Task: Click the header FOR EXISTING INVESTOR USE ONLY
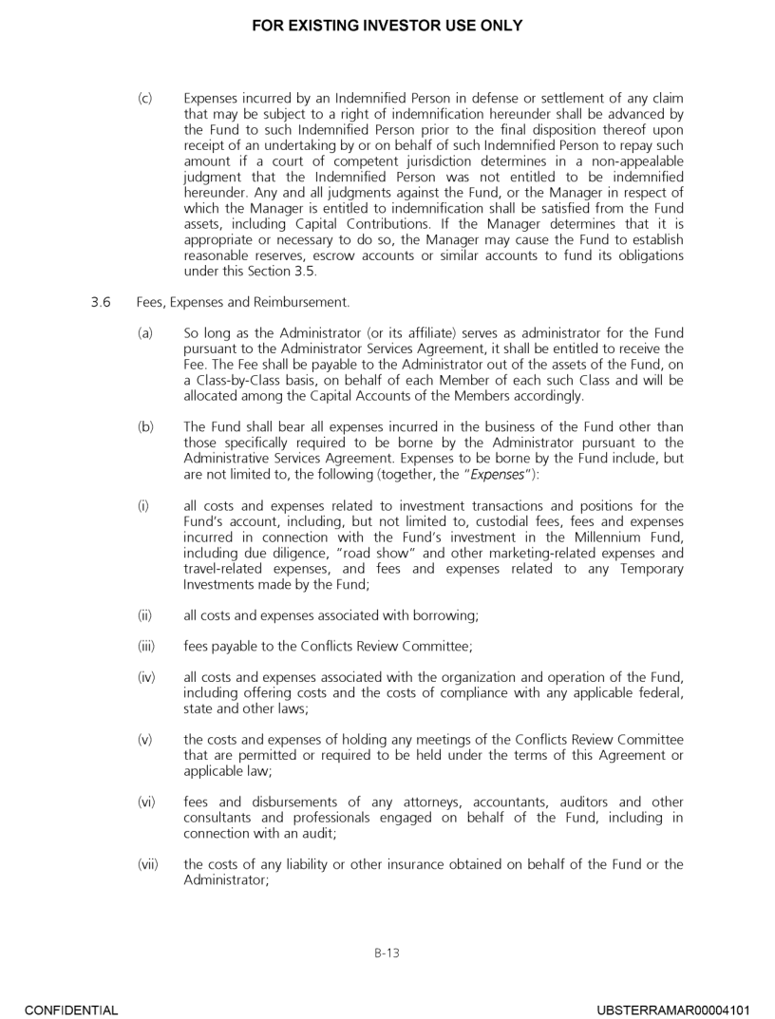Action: pyautogui.click(x=387, y=26)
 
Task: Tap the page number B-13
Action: pyautogui.click(x=387, y=953)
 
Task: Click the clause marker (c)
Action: pyautogui.click(x=144, y=99)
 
